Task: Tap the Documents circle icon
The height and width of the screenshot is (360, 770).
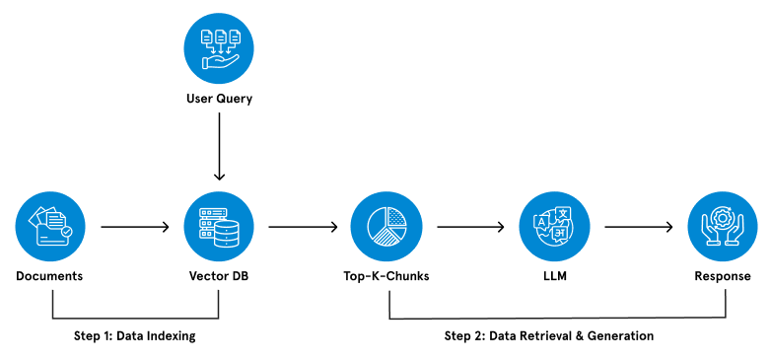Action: pyautogui.click(x=49, y=226)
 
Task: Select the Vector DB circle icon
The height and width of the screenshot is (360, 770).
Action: pyautogui.click(x=219, y=226)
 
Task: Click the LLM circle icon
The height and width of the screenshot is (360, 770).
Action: pyautogui.click(x=554, y=226)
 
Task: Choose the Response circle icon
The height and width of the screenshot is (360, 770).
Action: pyautogui.click(x=723, y=226)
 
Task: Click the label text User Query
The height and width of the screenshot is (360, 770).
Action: pyautogui.click(x=219, y=99)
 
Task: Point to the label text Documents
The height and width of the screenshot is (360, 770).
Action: pyautogui.click(x=49, y=276)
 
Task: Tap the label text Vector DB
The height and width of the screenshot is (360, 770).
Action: pyautogui.click(x=219, y=276)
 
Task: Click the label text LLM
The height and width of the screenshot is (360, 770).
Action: pyautogui.click(x=554, y=276)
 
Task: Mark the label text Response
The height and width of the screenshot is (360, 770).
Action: pyautogui.click(x=723, y=276)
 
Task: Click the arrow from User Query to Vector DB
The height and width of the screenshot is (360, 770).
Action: pyautogui.click(x=219, y=147)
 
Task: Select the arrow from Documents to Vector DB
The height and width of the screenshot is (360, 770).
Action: pyautogui.click(x=134, y=227)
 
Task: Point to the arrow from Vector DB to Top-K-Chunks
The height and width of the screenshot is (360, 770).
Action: pyautogui.click(x=303, y=227)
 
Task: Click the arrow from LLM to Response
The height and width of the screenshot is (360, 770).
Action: pyautogui.click(x=639, y=227)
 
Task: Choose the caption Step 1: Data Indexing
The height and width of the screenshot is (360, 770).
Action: pyautogui.click(x=135, y=336)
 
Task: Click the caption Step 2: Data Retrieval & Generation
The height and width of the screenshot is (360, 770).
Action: pyautogui.click(x=549, y=336)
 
